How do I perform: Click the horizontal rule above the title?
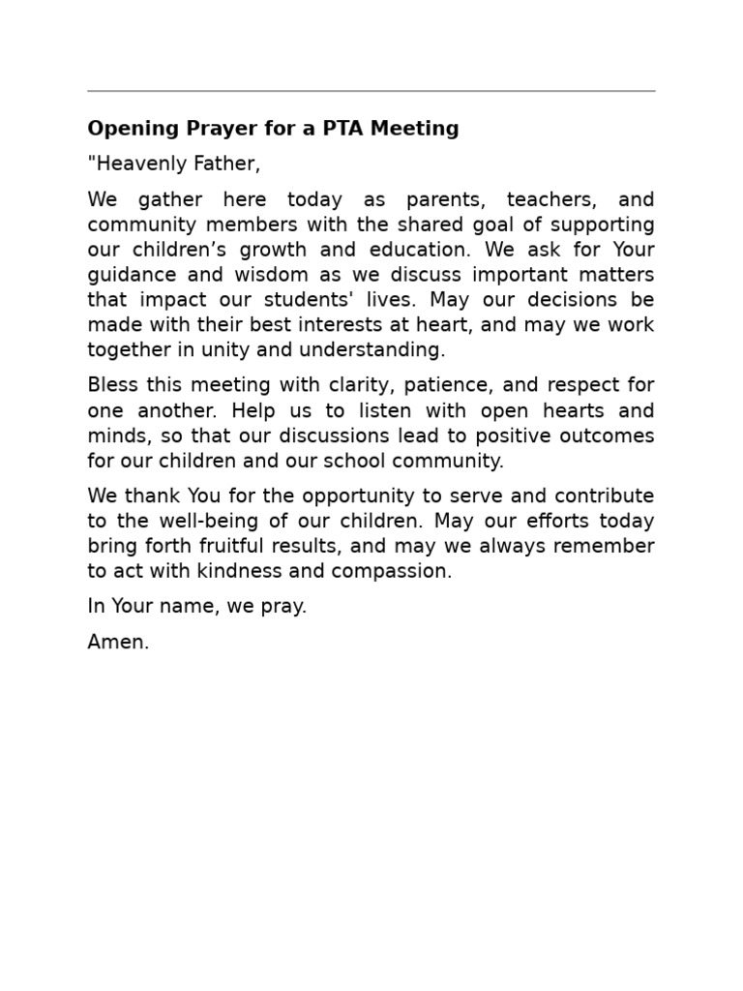pos(371,91)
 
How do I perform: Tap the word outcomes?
pos(604,436)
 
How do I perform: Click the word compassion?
pos(391,572)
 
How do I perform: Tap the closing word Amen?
pos(118,643)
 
